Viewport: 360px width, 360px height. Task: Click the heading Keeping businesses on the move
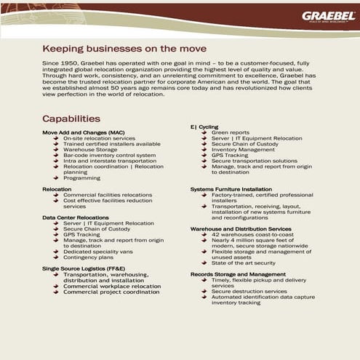[x=124, y=49]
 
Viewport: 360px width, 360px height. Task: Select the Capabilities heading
[x=71, y=119]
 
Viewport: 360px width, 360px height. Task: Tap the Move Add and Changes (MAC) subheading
[x=83, y=132]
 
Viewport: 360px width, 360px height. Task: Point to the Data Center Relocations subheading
[x=76, y=217]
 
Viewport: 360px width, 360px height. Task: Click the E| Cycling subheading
[x=204, y=127]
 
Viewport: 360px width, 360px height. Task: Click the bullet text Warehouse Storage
[x=89, y=150]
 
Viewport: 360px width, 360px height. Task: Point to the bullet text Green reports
[x=230, y=132]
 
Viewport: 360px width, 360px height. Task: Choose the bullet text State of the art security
[x=244, y=263]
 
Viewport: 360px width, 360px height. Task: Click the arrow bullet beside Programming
[x=56, y=178]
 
